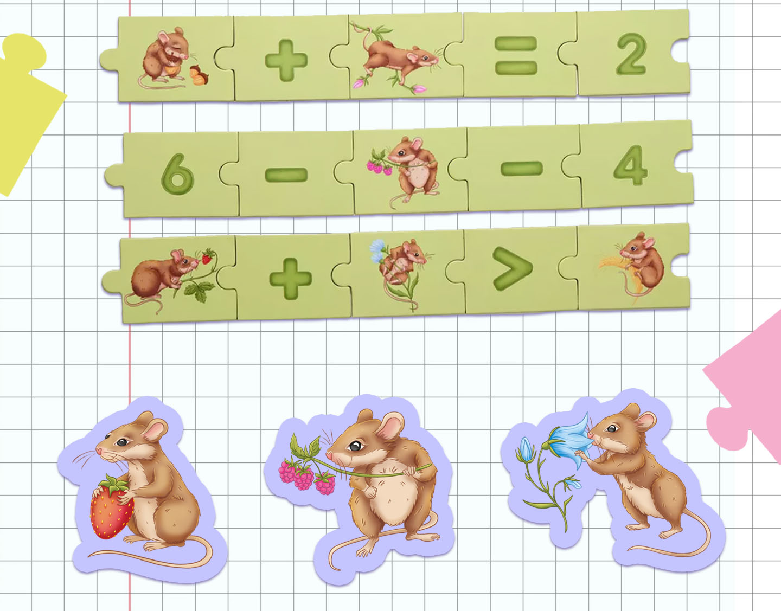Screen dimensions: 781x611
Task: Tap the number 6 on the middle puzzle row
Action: pyautogui.click(x=177, y=174)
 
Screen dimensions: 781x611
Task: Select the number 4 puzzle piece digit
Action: pyautogui.click(x=630, y=165)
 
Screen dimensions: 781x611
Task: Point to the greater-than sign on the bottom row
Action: pyautogui.click(x=512, y=268)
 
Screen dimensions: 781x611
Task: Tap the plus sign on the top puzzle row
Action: pyautogui.click(x=286, y=60)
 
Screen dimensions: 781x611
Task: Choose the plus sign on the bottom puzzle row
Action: pyautogui.click(x=290, y=279)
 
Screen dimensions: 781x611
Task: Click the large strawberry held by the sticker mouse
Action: pyautogui.click(x=111, y=507)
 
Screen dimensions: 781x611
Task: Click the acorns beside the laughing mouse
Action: pyautogui.click(x=199, y=75)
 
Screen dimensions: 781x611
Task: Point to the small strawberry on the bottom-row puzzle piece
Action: pyautogui.click(x=207, y=258)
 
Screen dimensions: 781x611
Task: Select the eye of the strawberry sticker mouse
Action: pyautogui.click(x=122, y=442)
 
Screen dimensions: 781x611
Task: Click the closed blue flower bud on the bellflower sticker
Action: pyautogui.click(x=526, y=449)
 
